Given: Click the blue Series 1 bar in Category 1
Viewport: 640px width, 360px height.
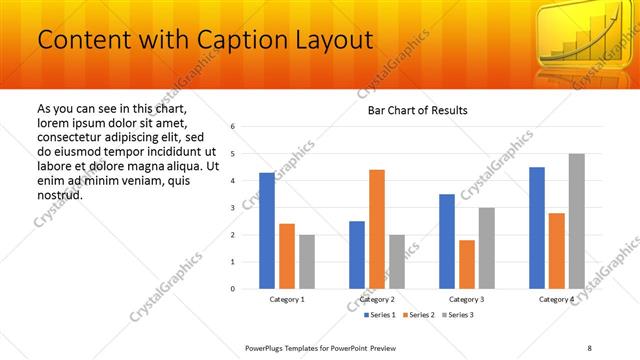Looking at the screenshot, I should coord(267,231).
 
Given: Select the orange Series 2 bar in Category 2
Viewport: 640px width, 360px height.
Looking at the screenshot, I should coord(377,229).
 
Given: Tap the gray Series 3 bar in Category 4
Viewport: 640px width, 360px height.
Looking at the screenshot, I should coord(576,221).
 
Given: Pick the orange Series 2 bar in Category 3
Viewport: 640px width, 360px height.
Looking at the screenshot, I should coord(467,264).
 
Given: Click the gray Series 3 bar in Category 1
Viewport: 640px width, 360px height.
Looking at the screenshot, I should coord(306,262).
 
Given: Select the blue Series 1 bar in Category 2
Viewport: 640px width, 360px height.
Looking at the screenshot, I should coord(357,255).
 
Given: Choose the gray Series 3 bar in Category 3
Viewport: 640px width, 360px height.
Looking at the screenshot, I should coord(486,248).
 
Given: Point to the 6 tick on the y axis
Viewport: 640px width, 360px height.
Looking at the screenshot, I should coord(232,127).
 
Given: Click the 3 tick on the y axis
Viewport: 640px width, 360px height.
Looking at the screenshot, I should coord(232,208).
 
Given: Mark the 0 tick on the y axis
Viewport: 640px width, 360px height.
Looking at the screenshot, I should coord(232,289).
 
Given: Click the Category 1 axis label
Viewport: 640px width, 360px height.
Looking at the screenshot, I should coord(287,299).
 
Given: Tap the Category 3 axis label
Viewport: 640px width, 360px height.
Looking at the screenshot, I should coord(467,299).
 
